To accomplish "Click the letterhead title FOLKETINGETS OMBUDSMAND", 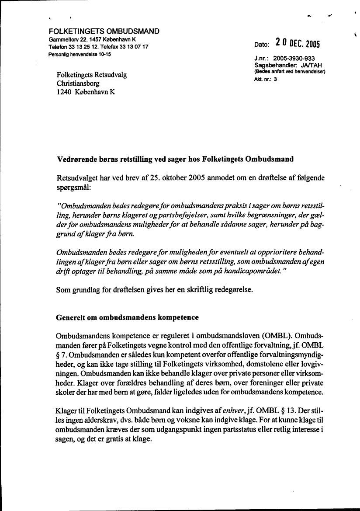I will click(x=104, y=31).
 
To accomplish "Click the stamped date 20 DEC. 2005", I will click(x=298, y=43).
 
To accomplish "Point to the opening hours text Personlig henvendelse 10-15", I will click(x=80, y=54).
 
